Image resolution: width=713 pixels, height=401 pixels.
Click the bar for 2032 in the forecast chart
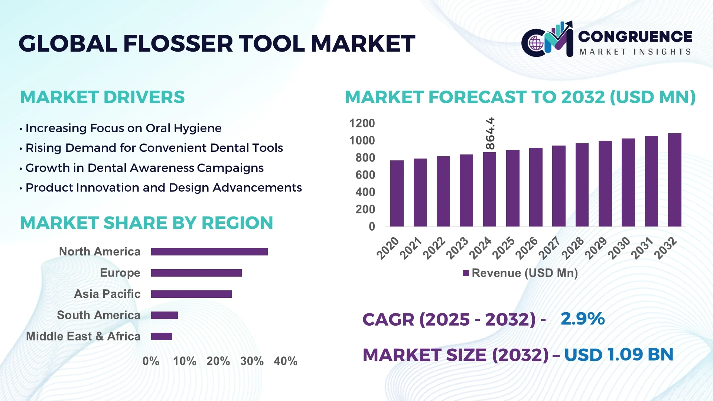[674, 180]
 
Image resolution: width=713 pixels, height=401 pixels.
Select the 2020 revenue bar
[397, 193]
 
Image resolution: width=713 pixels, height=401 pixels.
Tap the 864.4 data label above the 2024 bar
[490, 134]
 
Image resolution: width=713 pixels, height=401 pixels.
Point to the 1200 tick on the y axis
[362, 123]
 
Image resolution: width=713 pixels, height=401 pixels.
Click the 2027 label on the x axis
[549, 248]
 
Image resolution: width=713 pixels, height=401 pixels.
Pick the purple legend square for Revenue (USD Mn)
[466, 273]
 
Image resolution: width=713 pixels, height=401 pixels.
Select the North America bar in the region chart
[209, 252]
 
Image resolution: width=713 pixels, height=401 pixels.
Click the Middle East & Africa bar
[162, 336]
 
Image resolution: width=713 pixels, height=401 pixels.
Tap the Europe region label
[120, 273]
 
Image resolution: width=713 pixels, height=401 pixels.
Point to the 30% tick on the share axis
[252, 361]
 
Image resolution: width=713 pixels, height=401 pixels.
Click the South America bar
[165, 315]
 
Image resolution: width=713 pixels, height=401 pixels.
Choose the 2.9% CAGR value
[583, 319]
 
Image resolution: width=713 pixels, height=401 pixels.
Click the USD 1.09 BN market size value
[619, 355]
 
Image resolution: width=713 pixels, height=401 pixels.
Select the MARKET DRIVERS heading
[102, 97]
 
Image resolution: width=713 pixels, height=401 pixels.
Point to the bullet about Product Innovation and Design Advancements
[163, 188]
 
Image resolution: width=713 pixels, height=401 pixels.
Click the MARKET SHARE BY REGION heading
[146, 223]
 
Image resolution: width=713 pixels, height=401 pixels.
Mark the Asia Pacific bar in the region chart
[191, 294]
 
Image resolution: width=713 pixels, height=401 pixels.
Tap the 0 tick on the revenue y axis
[372, 226]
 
